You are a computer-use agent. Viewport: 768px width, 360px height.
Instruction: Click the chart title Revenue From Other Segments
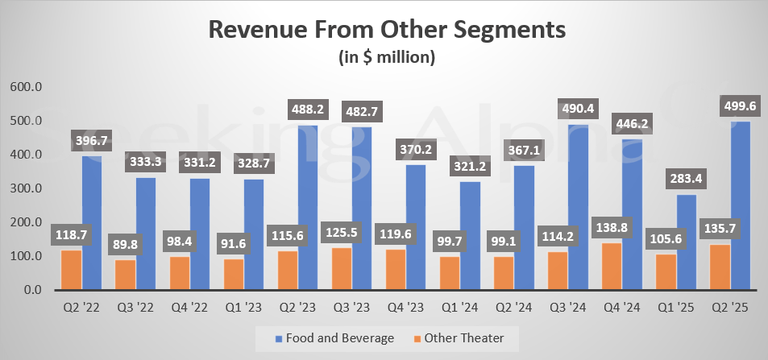pyautogui.click(x=387, y=30)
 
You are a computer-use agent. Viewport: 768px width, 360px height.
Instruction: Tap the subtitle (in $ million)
pyautogui.click(x=387, y=57)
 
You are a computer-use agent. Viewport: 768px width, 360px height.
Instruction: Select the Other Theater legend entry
pyautogui.click(x=463, y=338)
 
